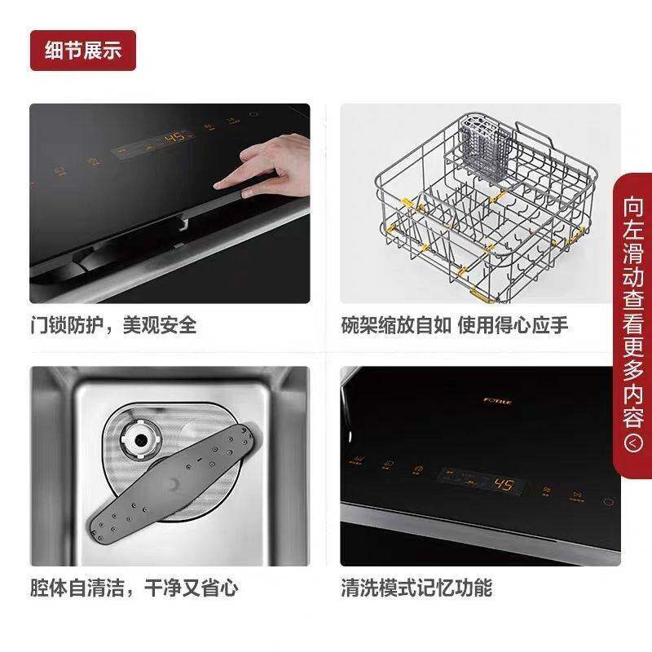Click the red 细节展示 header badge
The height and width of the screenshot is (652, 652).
tap(82, 51)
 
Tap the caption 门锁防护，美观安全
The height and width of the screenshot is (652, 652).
tap(113, 326)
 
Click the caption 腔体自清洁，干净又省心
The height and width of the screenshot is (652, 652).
tap(134, 587)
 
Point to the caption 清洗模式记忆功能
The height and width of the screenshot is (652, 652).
tap(416, 587)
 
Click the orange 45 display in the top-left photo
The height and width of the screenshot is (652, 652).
tap(175, 138)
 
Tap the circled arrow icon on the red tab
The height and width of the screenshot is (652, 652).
tap(634, 443)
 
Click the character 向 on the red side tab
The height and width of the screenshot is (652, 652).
tap(634, 206)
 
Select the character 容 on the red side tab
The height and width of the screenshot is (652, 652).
tap(634, 418)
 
